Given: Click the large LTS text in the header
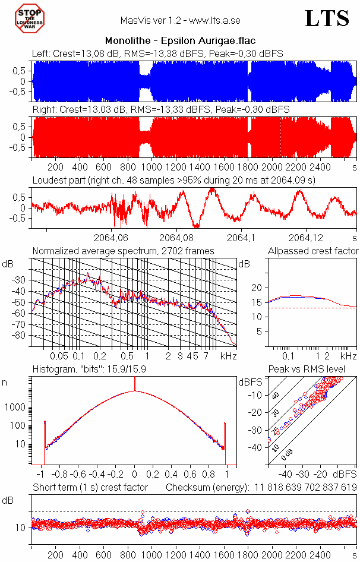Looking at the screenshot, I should (327, 19).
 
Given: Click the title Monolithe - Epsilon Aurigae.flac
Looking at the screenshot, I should (181, 41).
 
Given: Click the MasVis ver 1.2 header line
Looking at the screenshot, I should (181, 20).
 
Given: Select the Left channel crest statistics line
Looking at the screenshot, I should (157, 53).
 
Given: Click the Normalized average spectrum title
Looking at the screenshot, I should (123, 251).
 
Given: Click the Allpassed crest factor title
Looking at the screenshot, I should (313, 251).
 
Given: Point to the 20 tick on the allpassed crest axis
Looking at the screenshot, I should (257, 288).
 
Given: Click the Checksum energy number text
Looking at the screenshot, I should (306, 488).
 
